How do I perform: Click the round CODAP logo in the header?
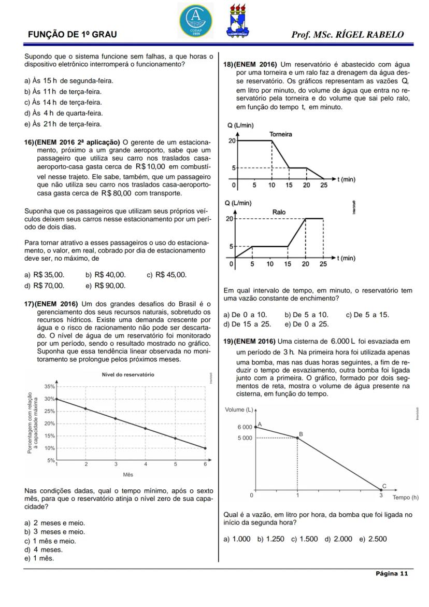196,20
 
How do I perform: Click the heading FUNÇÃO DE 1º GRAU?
72,35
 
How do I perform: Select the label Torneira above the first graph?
280,134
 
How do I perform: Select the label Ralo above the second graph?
279,213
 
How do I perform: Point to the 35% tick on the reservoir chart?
50,387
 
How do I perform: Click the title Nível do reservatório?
127,375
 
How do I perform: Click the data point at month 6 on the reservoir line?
205,448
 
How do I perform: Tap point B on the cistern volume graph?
297,438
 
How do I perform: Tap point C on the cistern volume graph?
381,489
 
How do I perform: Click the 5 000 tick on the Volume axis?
245,438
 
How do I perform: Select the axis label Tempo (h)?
405,497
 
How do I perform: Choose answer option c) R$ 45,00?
167,275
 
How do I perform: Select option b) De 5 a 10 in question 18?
306,315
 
